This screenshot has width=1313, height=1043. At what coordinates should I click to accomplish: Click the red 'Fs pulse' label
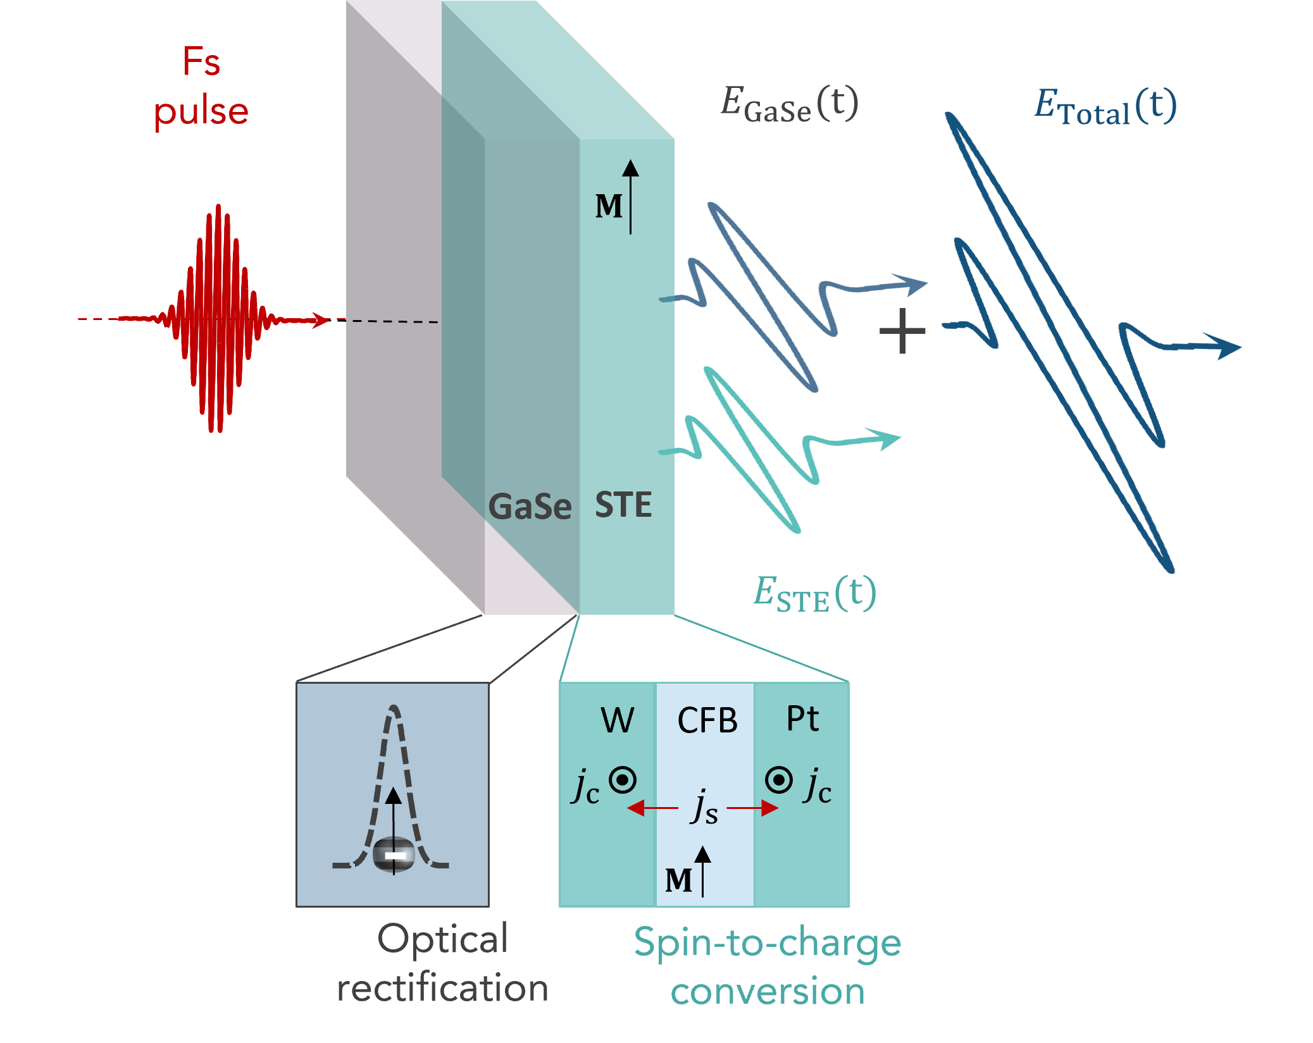point(201,87)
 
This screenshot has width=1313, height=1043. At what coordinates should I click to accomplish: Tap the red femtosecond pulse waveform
point(218,318)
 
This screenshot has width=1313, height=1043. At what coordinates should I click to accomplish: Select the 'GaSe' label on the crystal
point(530,507)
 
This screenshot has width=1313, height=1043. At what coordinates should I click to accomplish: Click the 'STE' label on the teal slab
point(623,505)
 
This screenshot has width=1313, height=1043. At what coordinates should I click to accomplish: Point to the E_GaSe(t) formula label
point(789,105)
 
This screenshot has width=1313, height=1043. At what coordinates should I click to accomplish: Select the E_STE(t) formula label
point(814,595)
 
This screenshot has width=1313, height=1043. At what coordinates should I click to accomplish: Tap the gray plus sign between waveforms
point(902,331)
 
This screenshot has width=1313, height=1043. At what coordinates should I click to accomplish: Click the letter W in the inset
point(617,720)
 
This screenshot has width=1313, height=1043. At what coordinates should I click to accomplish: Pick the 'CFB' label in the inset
point(707,720)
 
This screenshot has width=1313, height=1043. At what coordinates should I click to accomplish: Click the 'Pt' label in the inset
point(802,719)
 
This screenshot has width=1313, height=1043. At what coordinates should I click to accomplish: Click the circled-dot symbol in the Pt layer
point(778,780)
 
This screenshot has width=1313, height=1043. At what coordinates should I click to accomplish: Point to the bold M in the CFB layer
point(678,880)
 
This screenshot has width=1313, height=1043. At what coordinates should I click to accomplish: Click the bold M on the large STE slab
point(609,206)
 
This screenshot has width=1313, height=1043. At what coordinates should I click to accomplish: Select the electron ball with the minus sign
point(394,855)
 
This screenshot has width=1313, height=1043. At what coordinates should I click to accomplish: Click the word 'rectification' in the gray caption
point(442,988)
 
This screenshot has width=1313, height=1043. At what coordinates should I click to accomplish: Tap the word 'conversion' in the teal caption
point(768,991)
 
